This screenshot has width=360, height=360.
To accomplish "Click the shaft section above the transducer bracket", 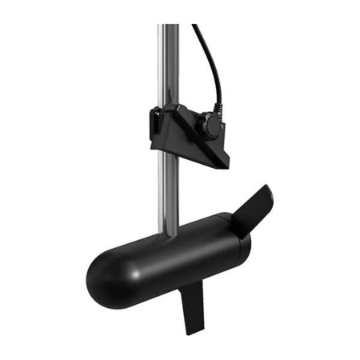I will [169, 64].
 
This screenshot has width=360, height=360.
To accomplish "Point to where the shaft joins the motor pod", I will [170, 234].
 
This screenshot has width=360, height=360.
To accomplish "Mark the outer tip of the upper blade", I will [269, 187].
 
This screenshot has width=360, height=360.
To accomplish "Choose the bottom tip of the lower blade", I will [190, 331].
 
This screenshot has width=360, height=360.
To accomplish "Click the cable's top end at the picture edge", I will [195, 26].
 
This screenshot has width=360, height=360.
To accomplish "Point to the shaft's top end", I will [169, 26].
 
